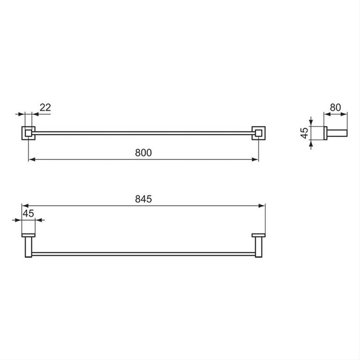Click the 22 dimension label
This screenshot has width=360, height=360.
pyautogui.click(x=45, y=107)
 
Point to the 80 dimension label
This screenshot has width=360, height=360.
pyautogui.click(x=335, y=107)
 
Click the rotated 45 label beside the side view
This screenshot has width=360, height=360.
pyautogui.click(x=304, y=133)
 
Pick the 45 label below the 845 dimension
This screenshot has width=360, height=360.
pyautogui.click(x=28, y=213)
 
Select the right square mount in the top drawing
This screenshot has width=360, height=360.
pyautogui.click(x=258, y=133)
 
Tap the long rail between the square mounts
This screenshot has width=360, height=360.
pyautogui.click(x=143, y=133)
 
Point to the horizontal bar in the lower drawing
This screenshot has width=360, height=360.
pyautogui.click(x=143, y=254)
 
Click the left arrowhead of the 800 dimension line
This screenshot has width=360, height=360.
pyautogui.click(x=31, y=159)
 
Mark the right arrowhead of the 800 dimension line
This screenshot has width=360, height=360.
pyautogui.click(x=256, y=159)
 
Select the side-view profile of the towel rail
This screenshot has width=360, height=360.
pyautogui.click(x=334, y=133)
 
